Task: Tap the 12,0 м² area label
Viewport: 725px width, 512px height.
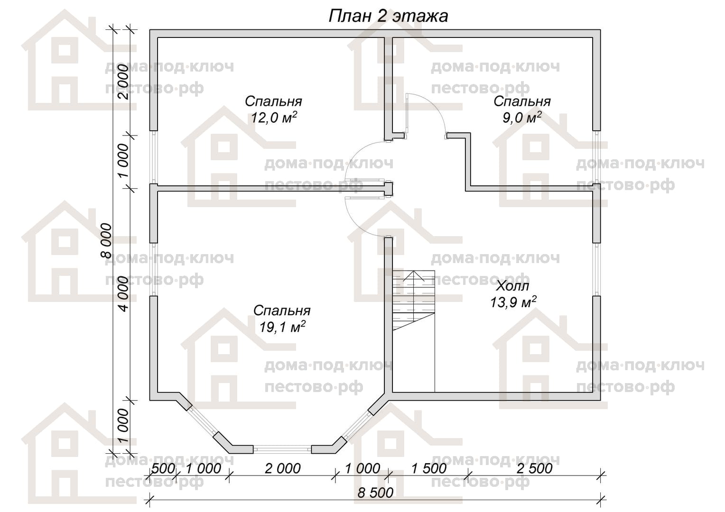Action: pyautogui.click(x=274, y=118)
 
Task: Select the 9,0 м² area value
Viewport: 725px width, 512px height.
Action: pyautogui.click(x=522, y=118)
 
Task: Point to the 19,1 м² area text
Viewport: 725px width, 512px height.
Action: pyautogui.click(x=282, y=327)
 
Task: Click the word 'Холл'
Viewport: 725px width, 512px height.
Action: pyautogui.click(x=513, y=286)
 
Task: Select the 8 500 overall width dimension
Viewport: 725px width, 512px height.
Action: pyautogui.click(x=375, y=493)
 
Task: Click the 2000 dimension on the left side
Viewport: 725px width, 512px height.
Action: pyautogui.click(x=123, y=82)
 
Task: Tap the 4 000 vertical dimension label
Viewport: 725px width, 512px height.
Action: pyautogui.click(x=123, y=293)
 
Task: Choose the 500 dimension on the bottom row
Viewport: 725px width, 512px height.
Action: pyautogui.click(x=163, y=468)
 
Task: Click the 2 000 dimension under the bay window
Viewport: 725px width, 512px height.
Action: pyautogui.click(x=283, y=468)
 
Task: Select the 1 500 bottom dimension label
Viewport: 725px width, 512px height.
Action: pyautogui.click(x=428, y=468)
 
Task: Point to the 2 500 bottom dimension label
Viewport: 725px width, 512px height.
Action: pyautogui.click(x=534, y=468)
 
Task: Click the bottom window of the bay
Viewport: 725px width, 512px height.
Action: pyautogui.click(x=282, y=449)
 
